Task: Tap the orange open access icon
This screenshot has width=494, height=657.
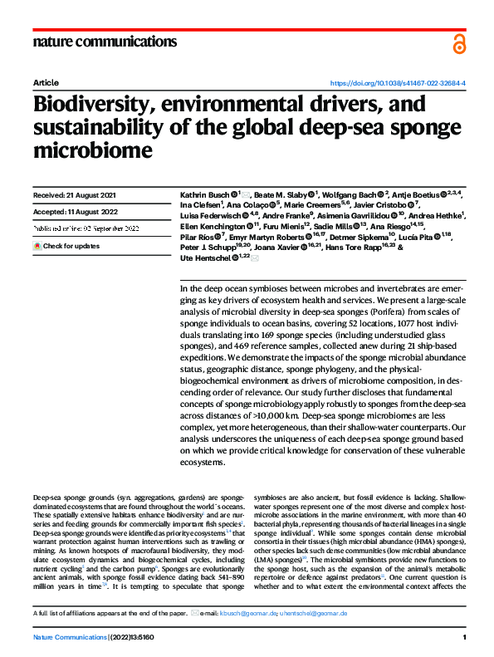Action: pos(457,44)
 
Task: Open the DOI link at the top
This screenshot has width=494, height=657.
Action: pos(398,84)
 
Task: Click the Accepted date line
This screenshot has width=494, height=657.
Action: pos(74,210)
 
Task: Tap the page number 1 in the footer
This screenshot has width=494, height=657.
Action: pos(464,638)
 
